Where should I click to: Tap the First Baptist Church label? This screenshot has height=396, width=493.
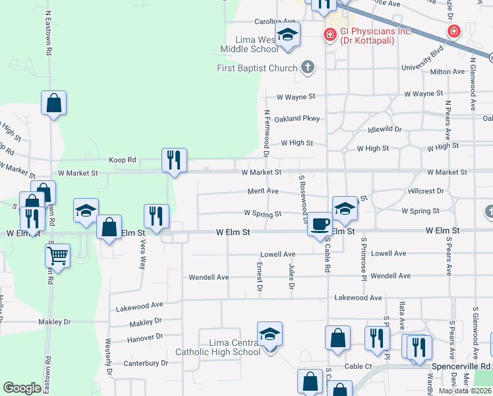point(257,67)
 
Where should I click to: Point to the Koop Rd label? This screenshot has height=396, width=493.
point(123,160)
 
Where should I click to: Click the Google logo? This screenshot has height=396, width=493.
point(22,388)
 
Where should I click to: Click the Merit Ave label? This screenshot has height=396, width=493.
point(263,191)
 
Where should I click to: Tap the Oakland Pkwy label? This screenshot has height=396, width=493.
point(297,119)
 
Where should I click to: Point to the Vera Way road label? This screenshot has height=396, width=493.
point(142,254)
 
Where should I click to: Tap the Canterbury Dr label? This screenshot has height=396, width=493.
point(146,363)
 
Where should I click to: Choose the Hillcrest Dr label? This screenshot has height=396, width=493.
point(426,191)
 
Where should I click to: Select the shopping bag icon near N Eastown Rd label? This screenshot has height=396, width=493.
point(54,103)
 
